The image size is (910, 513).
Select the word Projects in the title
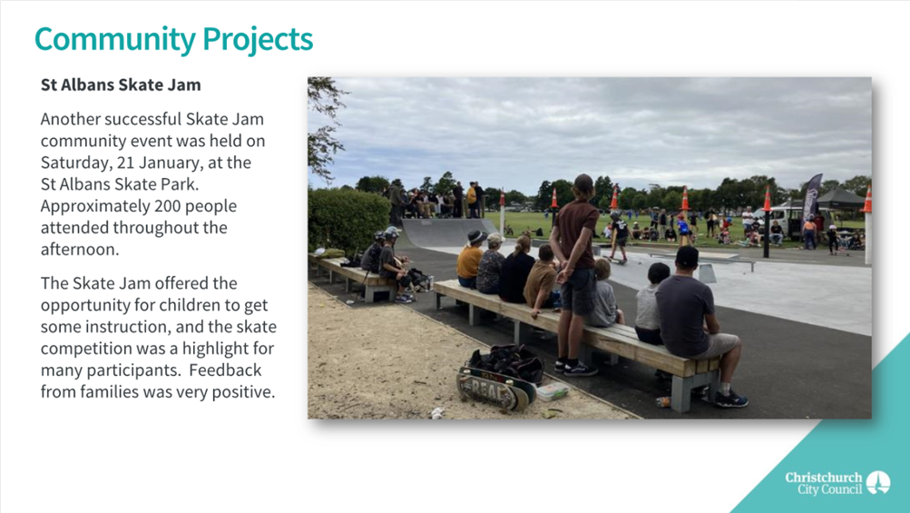click(258, 40)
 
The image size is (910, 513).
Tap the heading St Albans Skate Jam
click(121, 84)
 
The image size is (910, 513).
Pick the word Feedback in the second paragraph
click(225, 370)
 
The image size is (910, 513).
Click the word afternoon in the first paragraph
click(80, 250)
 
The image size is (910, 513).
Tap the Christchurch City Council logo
click(837, 483)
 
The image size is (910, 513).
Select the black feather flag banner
click(811, 202)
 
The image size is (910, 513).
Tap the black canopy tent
click(840, 199)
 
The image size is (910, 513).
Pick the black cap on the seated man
click(687, 255)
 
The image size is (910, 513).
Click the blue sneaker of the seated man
click(730, 400)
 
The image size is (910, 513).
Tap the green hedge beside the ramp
click(348, 220)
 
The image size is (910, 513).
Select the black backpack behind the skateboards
click(507, 362)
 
